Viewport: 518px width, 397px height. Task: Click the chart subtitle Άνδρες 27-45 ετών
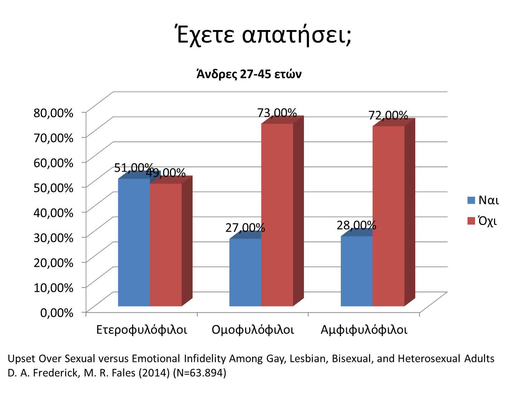tap(249, 74)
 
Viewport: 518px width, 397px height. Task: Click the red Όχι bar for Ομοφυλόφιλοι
tap(277, 215)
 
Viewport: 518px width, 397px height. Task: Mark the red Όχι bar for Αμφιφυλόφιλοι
tap(388, 216)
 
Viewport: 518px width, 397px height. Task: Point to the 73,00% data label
tap(277, 113)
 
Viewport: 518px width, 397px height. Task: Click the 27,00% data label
tap(245, 227)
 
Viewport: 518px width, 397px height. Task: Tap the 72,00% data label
tap(388, 115)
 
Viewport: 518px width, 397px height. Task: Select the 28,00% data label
tap(357, 225)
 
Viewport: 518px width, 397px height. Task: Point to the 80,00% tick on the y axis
tap(53, 113)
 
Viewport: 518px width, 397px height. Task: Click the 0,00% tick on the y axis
tap(57, 313)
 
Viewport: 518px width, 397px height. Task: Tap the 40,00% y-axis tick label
tap(53, 212)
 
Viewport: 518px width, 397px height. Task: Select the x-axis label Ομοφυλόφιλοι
tap(253, 329)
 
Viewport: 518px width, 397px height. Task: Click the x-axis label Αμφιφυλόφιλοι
tap(364, 329)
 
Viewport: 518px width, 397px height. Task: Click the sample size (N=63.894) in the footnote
tap(199, 373)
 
